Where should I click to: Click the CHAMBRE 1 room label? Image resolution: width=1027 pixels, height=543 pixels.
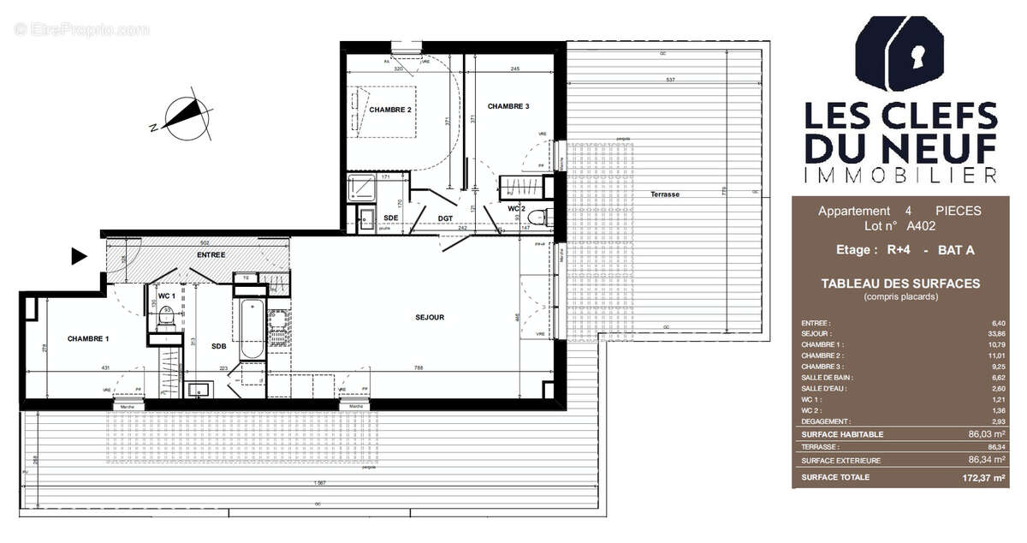(88, 339)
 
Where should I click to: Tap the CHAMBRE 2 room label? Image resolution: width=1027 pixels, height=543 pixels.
(390, 110)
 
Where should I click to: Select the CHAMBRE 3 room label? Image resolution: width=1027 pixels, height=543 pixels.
(508, 106)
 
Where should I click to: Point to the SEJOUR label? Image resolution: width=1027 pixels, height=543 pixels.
(430, 318)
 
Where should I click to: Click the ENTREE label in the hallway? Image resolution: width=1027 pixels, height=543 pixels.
(211, 255)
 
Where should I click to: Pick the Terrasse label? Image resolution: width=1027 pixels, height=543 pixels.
(664, 194)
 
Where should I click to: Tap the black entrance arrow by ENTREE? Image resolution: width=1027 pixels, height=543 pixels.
(80, 255)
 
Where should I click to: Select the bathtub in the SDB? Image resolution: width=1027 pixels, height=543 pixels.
(251, 330)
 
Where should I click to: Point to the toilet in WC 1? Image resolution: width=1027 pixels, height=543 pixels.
(165, 319)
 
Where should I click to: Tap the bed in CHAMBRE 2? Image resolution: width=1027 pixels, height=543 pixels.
(383, 110)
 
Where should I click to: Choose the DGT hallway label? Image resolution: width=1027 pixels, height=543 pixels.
(445, 218)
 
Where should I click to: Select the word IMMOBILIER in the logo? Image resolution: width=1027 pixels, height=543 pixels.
(900, 176)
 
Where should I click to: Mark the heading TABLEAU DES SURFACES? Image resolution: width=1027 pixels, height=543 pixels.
(900, 283)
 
